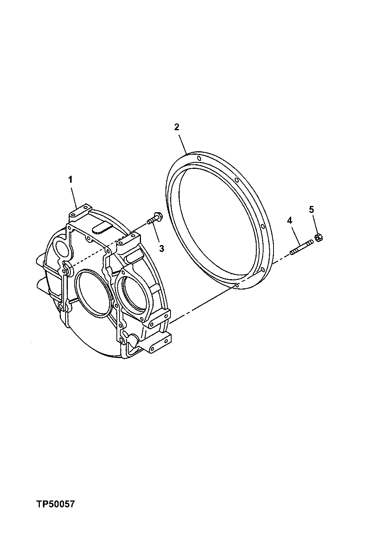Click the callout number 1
70,179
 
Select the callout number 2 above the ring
177,127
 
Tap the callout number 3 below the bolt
162,249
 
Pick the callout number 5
311,209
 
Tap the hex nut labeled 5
318,238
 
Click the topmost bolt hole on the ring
198,158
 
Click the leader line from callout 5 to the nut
314,224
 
